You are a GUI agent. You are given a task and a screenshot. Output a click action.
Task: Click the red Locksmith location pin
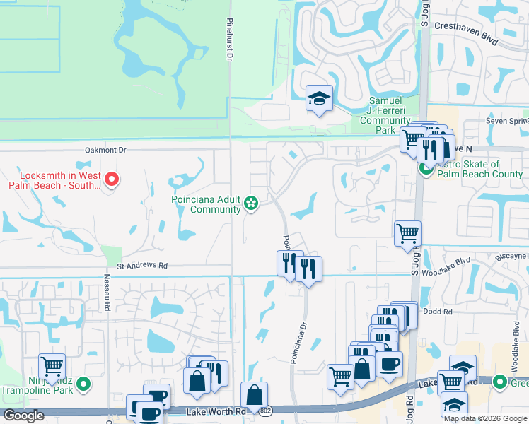pyautogui.click(x=111, y=181)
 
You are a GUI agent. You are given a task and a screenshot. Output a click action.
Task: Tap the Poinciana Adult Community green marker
pyautogui.click(x=250, y=204)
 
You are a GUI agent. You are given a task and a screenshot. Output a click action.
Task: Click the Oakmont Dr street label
pyautogui.click(x=105, y=150)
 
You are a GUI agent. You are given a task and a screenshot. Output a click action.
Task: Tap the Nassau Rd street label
pyautogui.click(x=108, y=293)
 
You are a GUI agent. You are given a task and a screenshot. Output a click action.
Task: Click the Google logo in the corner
pyautogui.click(x=23, y=416)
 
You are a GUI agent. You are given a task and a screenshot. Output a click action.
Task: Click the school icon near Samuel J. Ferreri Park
pyautogui.click(x=319, y=99)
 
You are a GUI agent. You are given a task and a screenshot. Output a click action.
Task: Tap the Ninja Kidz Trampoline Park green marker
pyautogui.click(x=83, y=384)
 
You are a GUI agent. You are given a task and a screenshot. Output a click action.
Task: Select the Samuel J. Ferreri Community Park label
pyautogui.click(x=385, y=115)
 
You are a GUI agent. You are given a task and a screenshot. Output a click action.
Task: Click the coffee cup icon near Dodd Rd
pyautogui.click(x=388, y=364)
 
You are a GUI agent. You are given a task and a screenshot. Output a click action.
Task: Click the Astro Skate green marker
pyautogui.click(x=426, y=168)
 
